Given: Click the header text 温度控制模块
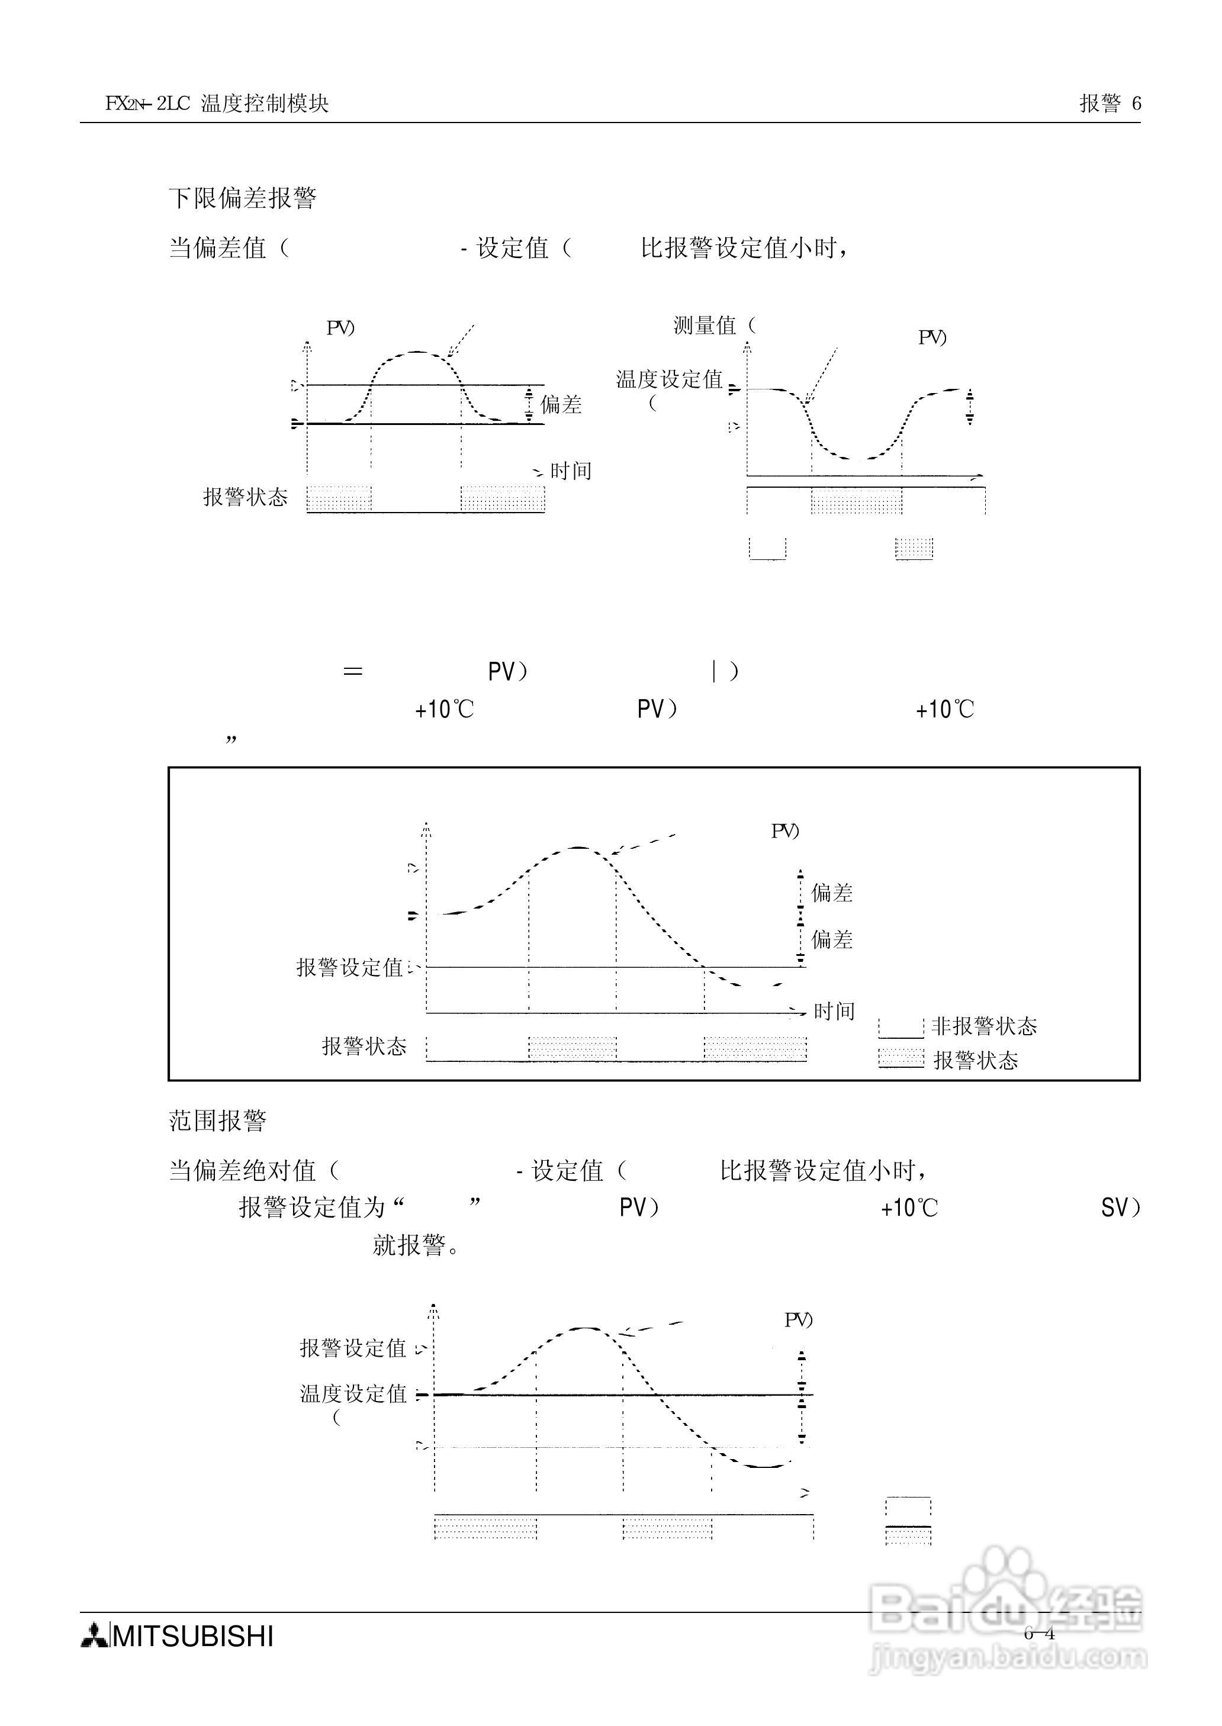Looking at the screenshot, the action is tap(265, 104).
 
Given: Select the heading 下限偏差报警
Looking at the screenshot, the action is tap(242, 198).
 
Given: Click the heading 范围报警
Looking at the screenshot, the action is tap(217, 1121).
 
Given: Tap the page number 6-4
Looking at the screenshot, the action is tap(1039, 1634).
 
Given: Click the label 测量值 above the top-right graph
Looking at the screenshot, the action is tap(705, 326).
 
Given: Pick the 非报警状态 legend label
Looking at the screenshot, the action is tap(984, 1026).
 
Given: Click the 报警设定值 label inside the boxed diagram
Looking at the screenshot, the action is tap(350, 968).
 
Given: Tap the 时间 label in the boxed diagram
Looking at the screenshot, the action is tap(834, 1012).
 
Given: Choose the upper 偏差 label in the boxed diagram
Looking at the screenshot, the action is tap(831, 893).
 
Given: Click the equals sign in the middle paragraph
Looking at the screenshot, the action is tap(352, 672).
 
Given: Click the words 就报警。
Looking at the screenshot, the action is tap(417, 1245).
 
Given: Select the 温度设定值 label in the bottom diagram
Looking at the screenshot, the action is tap(353, 1393).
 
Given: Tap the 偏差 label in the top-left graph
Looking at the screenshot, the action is tap(561, 405).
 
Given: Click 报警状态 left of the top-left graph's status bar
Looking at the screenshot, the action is tap(245, 497).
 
